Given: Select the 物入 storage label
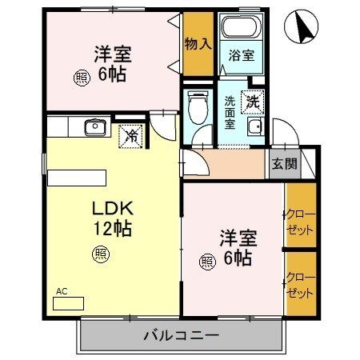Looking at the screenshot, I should (198, 43).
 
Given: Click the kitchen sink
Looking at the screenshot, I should (95, 126).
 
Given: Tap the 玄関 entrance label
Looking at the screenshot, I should (283, 165).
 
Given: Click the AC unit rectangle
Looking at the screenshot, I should (70, 304).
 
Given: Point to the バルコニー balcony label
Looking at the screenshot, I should (182, 334).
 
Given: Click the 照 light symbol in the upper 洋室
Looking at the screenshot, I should (82, 78).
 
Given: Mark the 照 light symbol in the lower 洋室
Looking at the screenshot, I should (206, 261).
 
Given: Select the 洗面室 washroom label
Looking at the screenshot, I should (229, 112).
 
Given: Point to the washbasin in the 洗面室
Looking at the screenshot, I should (255, 131).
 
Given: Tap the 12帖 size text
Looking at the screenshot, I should (112, 228).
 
